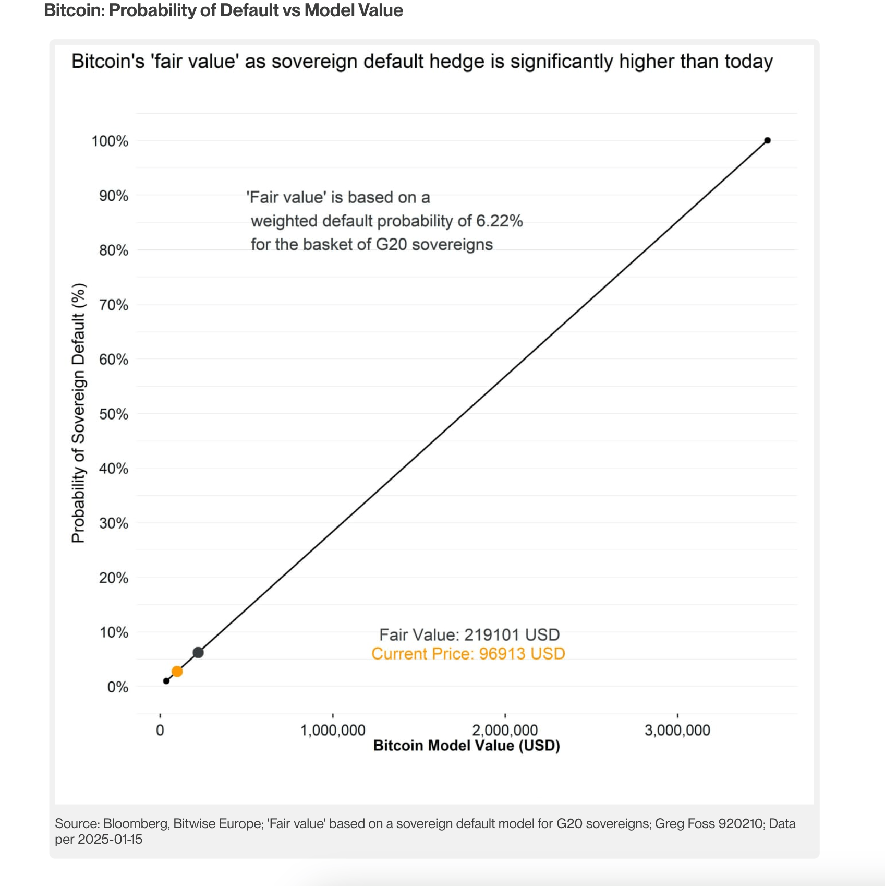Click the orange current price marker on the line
coord(177,671)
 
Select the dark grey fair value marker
coord(198,652)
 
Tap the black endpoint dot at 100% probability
coord(767,140)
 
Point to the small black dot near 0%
coord(166,681)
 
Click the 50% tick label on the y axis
coord(114,414)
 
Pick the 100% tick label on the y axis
coord(110,141)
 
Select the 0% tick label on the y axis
coord(117,687)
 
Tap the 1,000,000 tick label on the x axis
coord(333,730)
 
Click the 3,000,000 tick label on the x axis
coord(677,730)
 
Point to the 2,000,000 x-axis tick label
coord(505,730)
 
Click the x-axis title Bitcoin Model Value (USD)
coord(466,746)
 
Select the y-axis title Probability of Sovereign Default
coord(79,413)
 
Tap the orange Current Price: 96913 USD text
coord(468,654)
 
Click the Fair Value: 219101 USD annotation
coord(469,634)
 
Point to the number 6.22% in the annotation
coord(499,221)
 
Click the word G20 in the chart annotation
coord(391,244)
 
